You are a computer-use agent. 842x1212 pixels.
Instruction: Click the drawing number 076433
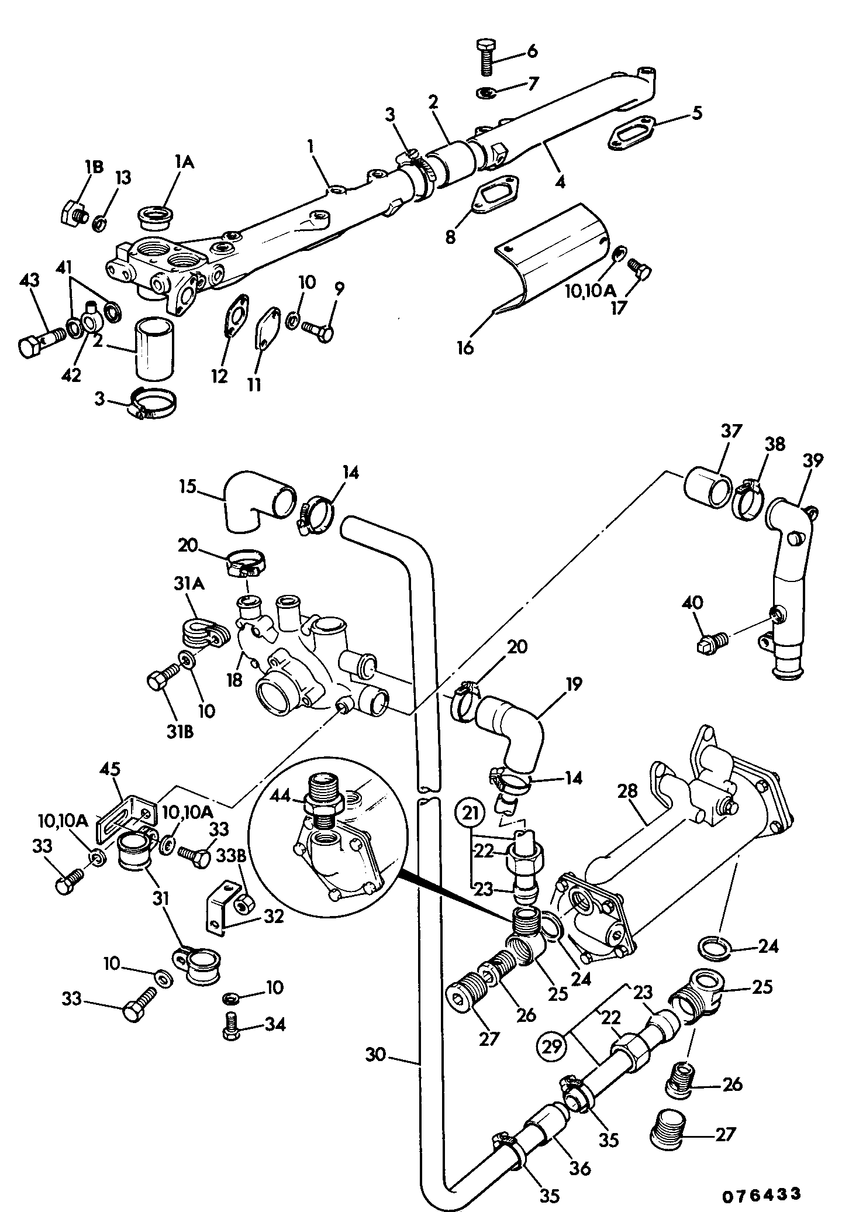(760, 1193)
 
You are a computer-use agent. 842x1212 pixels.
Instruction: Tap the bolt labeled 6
(486, 57)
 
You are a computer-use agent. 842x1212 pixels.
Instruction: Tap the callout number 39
(813, 460)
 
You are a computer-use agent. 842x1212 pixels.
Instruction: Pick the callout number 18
(234, 680)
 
